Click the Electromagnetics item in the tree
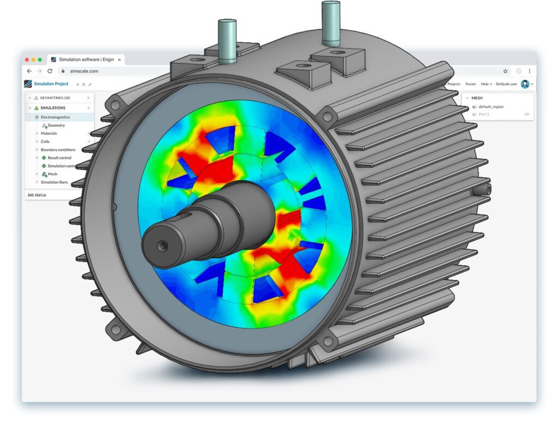[55, 117]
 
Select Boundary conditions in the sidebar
[58, 150]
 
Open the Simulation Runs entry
[54, 182]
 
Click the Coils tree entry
[45, 141]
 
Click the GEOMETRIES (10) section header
[54, 98]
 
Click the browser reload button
[50, 71]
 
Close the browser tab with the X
[119, 59]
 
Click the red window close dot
[26, 59]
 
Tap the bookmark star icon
[505, 71]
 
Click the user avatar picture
[525, 84]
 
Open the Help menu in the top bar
[486, 84]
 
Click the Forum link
[470, 84]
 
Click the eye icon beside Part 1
[527, 114]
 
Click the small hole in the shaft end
[162, 246]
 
